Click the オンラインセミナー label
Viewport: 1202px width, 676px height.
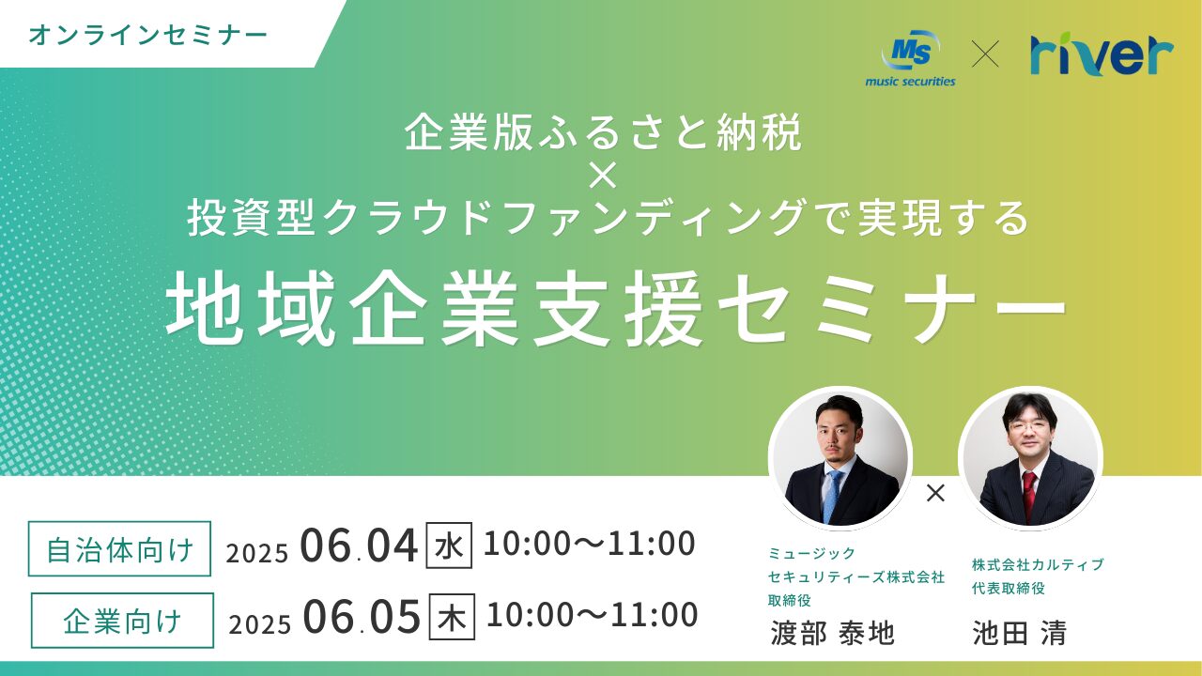pos(147,36)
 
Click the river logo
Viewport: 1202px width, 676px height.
pos(1102,54)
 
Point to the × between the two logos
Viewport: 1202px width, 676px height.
pos(985,54)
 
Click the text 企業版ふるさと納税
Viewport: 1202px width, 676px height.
pos(603,132)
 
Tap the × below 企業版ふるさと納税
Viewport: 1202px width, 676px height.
pos(602,176)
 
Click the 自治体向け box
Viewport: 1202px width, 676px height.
pos(119,549)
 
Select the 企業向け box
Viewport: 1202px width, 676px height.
pos(122,621)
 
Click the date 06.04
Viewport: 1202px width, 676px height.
pos(359,546)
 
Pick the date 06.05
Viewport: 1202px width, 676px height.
pos(362,617)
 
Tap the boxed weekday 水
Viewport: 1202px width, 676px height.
pos(449,545)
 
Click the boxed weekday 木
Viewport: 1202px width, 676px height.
pos(452,617)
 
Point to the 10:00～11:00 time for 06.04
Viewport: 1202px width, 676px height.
pos(589,543)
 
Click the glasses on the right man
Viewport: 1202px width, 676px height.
pos(1028,427)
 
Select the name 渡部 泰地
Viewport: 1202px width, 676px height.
pos(833,633)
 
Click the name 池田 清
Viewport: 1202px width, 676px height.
pos(1019,633)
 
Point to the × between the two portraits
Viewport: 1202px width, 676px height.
pos(935,493)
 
